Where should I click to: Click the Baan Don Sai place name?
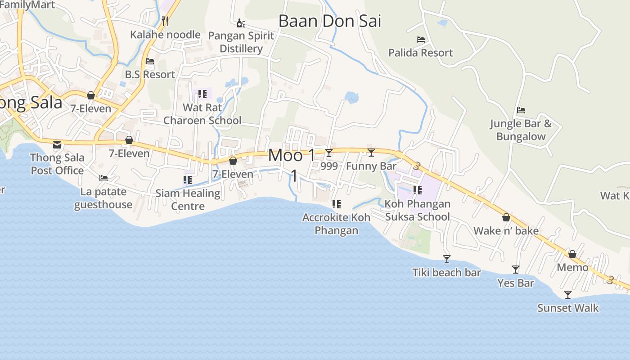click(329, 21)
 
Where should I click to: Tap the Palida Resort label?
click(420, 53)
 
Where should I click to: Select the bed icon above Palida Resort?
click(421, 40)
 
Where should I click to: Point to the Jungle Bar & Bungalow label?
click(521, 130)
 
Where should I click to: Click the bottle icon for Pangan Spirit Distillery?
click(241, 23)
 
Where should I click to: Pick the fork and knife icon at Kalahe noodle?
click(165, 21)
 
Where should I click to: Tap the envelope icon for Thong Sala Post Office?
click(57, 144)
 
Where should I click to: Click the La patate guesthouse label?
click(103, 198)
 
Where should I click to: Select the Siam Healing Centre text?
click(188, 199)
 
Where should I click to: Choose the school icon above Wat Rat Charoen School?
click(202, 94)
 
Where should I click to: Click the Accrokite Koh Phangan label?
click(336, 224)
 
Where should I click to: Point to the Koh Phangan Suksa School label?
click(417, 210)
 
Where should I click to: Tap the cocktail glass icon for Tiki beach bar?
click(446, 259)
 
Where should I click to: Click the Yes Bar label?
click(516, 283)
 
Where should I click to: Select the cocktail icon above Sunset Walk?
click(568, 295)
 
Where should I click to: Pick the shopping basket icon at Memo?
click(572, 254)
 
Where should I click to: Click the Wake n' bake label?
click(506, 231)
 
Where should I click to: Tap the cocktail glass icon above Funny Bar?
click(371, 153)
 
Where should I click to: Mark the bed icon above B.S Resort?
click(150, 61)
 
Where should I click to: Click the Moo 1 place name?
click(292, 156)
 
